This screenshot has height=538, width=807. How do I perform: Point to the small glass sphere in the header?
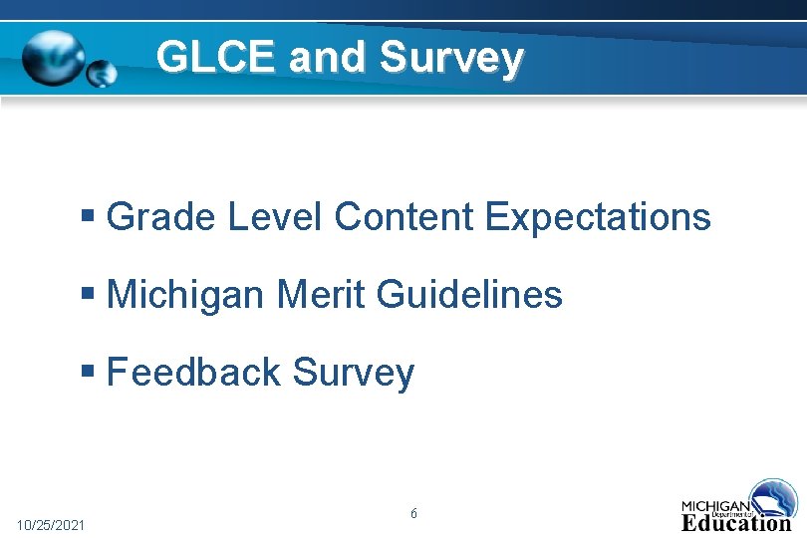coord(102,72)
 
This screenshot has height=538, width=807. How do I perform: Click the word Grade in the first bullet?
coord(161,216)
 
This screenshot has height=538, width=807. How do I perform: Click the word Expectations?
coord(598,216)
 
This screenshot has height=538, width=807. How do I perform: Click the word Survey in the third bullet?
coord(353,374)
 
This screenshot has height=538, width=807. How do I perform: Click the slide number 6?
coord(413,514)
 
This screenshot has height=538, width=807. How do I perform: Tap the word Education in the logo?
coord(736,522)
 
